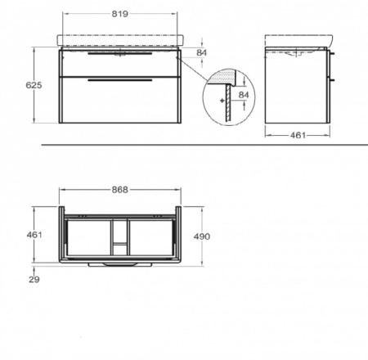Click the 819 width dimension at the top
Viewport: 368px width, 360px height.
tap(119, 14)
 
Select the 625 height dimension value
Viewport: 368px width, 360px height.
tap(34, 85)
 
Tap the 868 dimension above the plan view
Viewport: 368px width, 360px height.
tap(120, 190)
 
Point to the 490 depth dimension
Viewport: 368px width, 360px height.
tap(202, 236)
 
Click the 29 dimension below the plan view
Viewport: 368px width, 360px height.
tap(34, 279)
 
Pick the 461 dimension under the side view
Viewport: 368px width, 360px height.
tap(298, 135)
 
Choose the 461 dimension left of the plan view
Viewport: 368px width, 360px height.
tap(34, 235)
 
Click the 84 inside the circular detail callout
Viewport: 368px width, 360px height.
tap(244, 95)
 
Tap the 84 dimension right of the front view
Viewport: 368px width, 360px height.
tap(202, 52)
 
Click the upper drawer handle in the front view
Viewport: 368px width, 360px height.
tap(119, 54)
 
